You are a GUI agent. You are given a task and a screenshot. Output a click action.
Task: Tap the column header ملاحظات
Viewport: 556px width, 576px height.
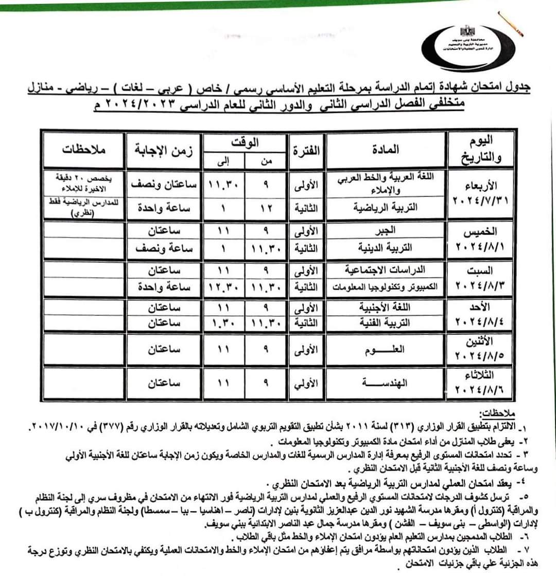[x=83, y=150]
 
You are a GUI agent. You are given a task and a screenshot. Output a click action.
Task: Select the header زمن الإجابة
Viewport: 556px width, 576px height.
[x=163, y=150]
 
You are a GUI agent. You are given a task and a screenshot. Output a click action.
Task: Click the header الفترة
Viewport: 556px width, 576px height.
[x=306, y=150]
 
